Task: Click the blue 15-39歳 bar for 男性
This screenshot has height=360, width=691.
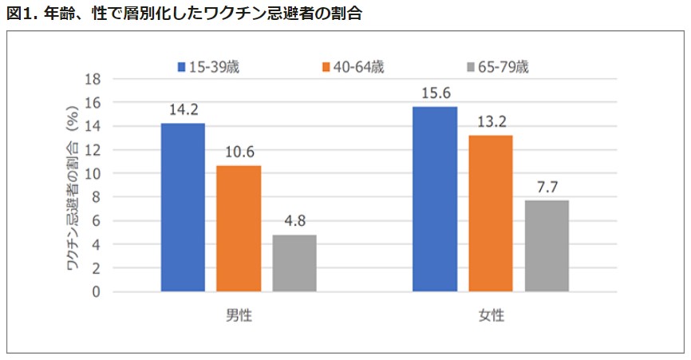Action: [183, 208]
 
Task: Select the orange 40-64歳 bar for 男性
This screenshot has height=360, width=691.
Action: [239, 228]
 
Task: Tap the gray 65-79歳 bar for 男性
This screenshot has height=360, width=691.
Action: [294, 263]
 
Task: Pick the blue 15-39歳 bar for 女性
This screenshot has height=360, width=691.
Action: [435, 199]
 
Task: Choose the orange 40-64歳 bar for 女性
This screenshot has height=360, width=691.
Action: [491, 213]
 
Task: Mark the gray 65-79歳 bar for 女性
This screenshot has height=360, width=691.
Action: [547, 246]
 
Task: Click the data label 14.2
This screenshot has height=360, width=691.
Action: [183, 110]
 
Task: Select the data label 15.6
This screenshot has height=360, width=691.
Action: [435, 93]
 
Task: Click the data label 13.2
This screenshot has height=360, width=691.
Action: [491, 122]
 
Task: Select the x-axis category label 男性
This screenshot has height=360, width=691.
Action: [239, 315]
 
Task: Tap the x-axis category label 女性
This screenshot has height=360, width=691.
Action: [492, 315]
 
